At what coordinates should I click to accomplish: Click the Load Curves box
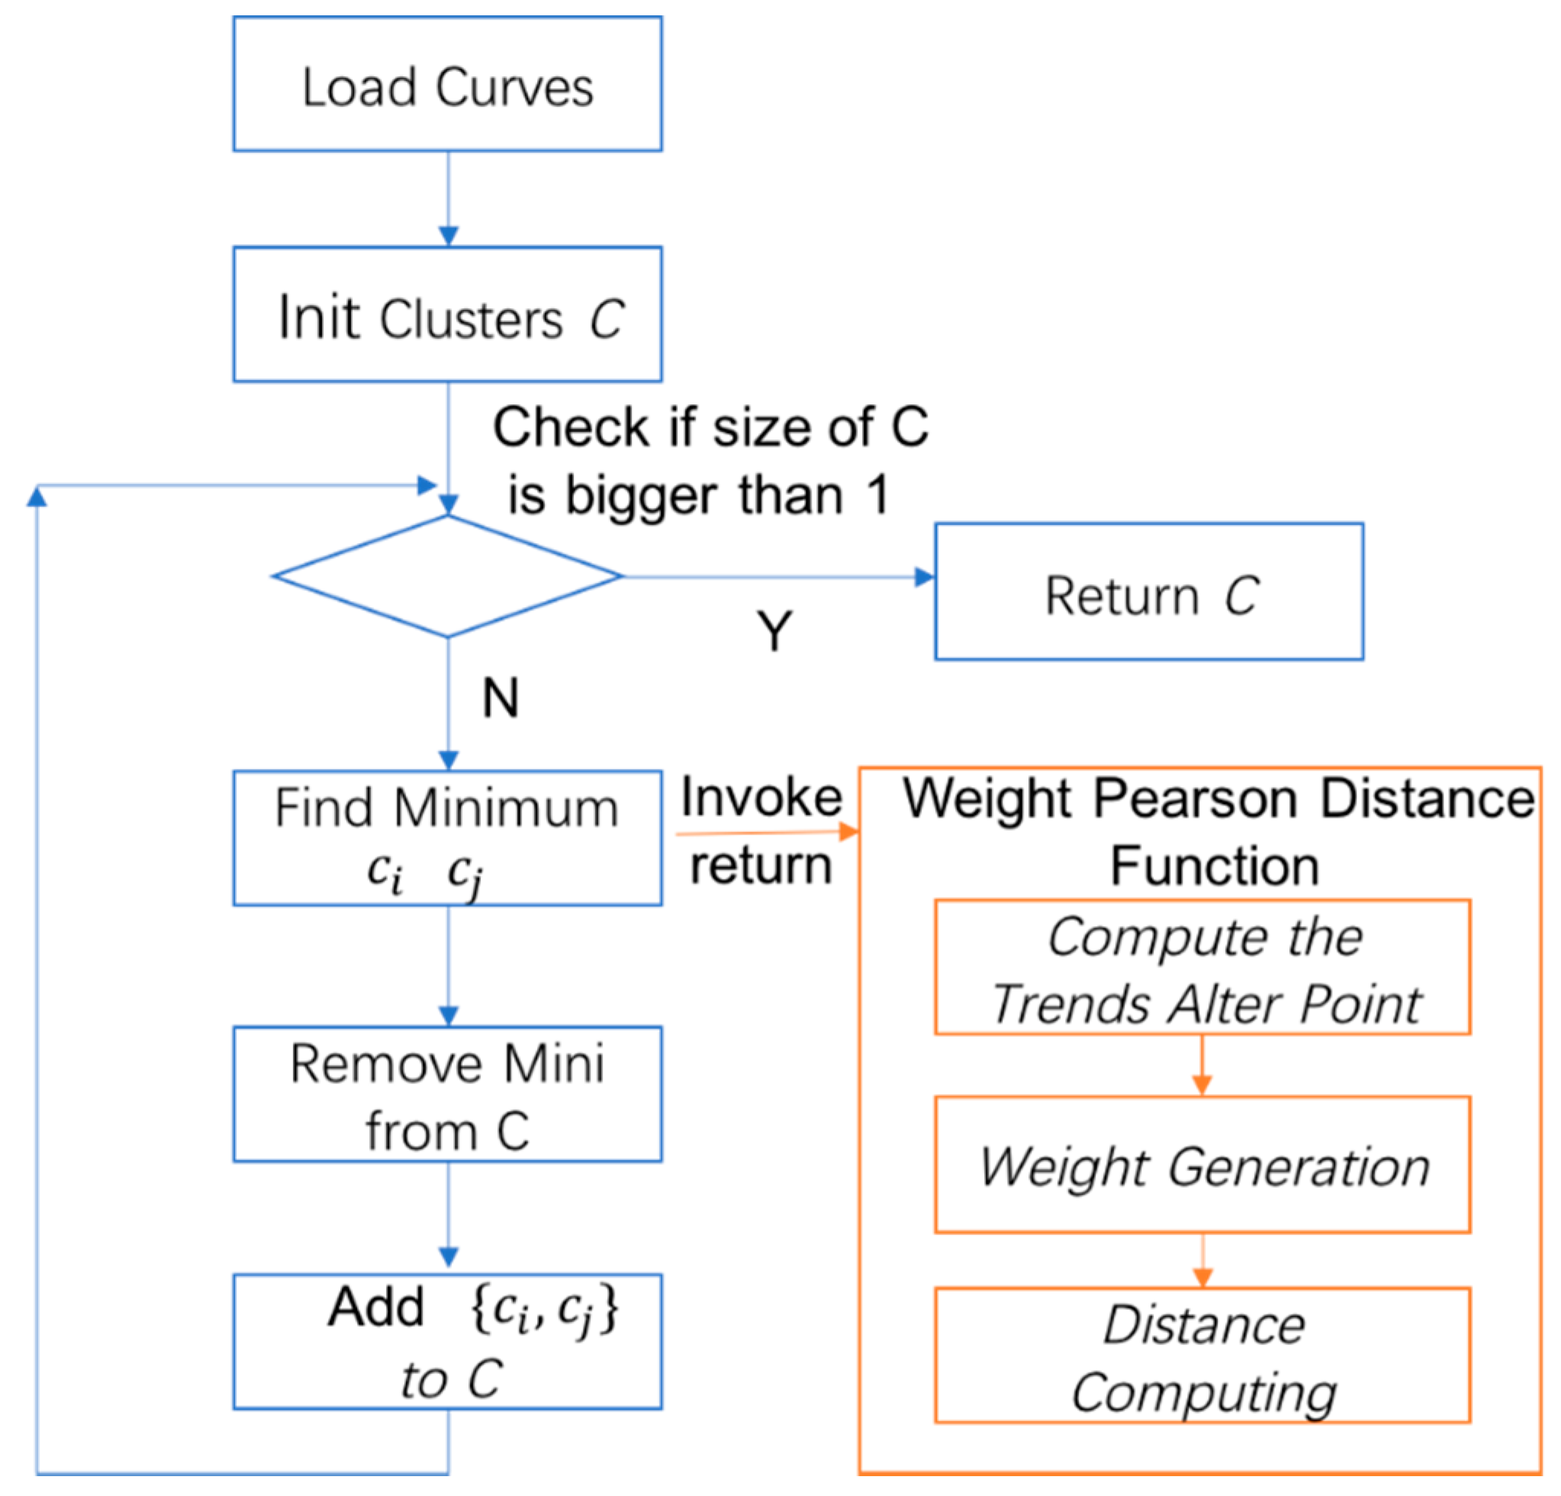click(448, 85)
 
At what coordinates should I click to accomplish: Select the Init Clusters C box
click(448, 314)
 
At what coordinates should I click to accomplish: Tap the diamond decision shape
click(448, 577)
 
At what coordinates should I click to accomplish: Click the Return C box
click(1148, 591)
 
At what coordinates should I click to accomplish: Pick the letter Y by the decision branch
click(774, 632)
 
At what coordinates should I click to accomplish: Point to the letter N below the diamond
click(500, 698)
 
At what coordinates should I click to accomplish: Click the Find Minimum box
click(448, 838)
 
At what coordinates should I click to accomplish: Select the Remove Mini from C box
click(448, 1094)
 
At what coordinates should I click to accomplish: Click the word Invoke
click(761, 798)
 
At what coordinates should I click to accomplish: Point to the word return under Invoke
click(761, 865)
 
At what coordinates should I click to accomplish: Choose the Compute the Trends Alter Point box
click(1202, 967)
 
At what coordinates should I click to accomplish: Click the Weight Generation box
click(1202, 1166)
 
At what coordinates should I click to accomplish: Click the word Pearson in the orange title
click(1202, 799)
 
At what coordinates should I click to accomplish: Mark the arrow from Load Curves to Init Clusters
click(449, 199)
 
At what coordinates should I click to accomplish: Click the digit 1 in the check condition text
click(877, 495)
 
